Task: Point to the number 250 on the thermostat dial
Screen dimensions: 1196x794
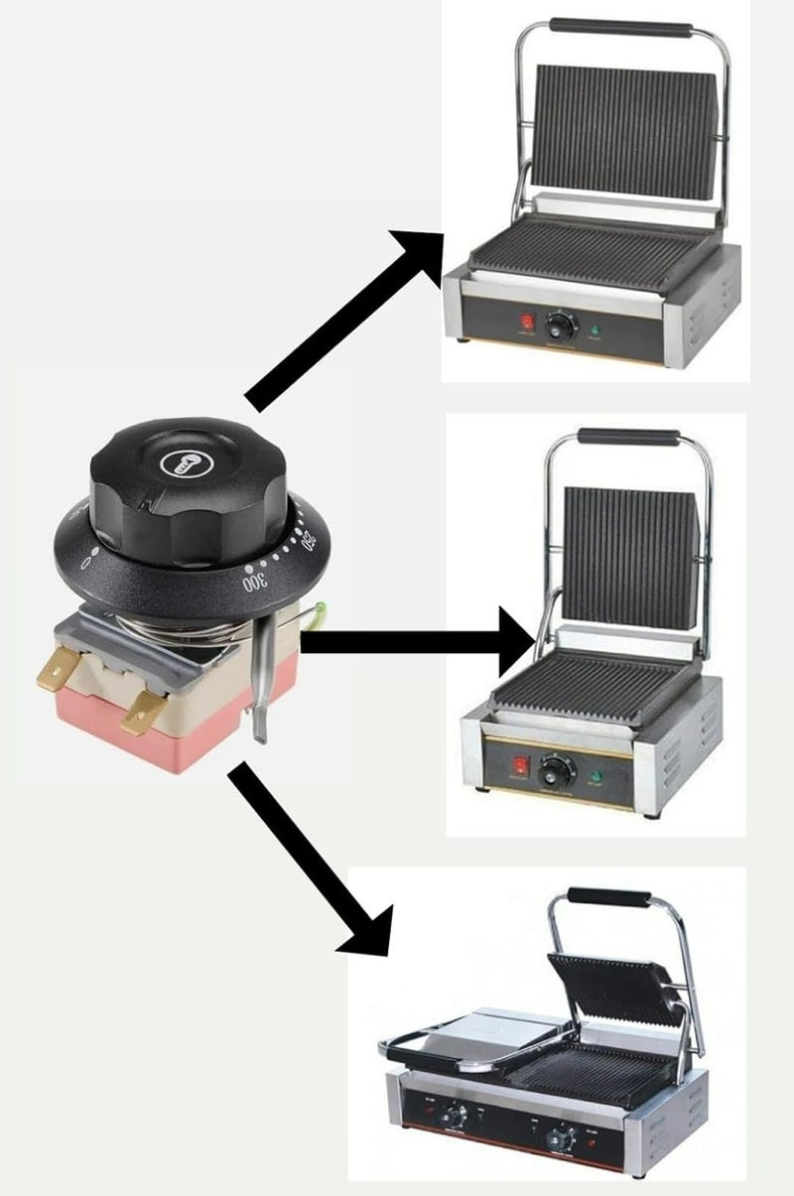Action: pos(309,542)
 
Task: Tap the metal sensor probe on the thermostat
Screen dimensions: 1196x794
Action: pos(259,685)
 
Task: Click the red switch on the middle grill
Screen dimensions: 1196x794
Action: pos(517,765)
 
